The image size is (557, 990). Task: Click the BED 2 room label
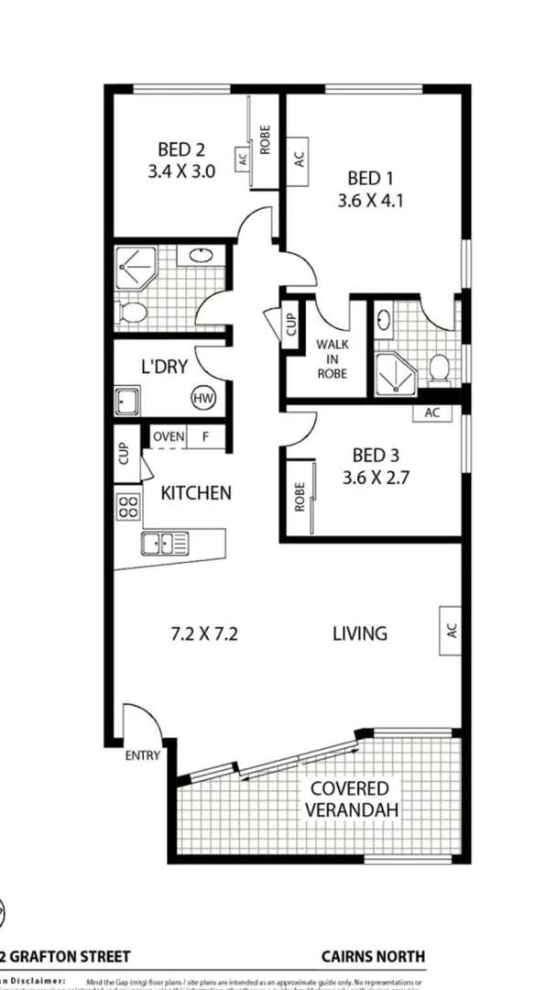point(180,149)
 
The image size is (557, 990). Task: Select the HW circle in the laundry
point(202,398)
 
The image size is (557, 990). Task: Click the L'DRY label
point(164,368)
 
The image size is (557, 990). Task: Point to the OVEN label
point(168,437)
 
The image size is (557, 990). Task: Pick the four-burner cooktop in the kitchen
point(127,507)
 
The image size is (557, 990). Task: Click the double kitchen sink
point(165,544)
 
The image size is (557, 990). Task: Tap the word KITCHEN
point(196,493)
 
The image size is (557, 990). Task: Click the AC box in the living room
point(450,631)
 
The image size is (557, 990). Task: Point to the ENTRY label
point(143,756)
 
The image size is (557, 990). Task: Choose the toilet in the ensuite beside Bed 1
point(440,368)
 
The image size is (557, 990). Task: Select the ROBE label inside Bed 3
point(299,497)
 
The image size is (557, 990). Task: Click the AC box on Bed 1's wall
point(298,159)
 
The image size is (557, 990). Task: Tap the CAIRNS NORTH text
point(373,956)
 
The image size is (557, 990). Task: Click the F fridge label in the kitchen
point(206,437)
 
